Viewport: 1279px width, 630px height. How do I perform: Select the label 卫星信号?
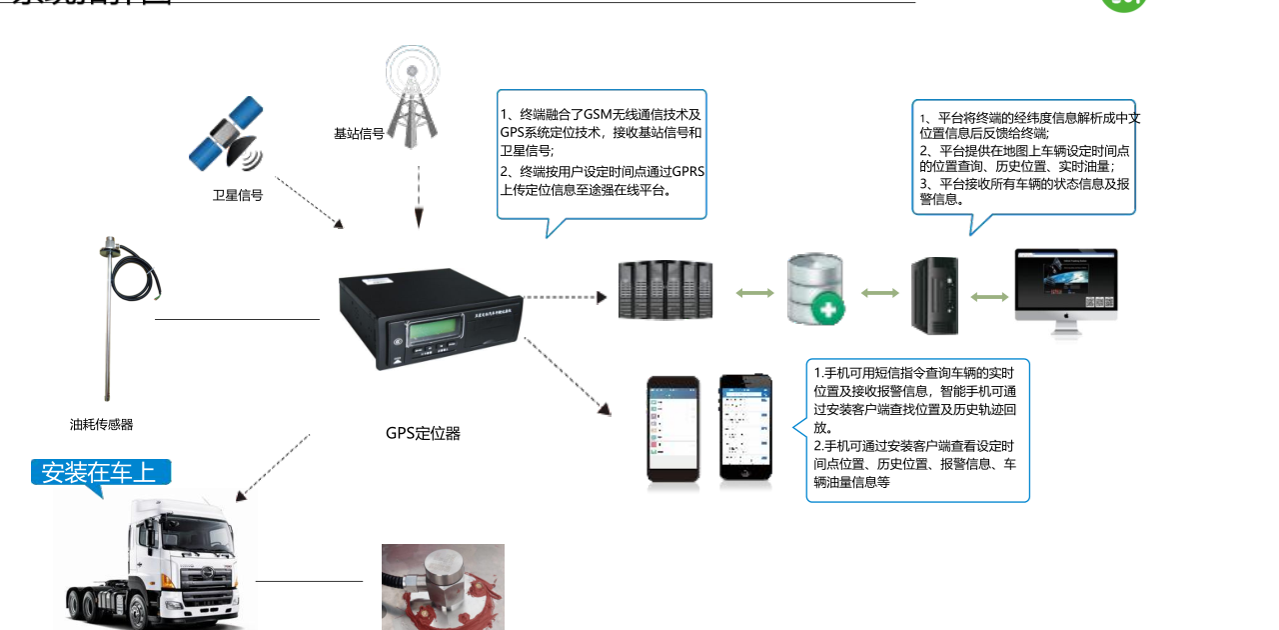point(238,195)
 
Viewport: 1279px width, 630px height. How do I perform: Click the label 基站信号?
point(359,132)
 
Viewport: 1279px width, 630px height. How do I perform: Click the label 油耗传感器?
point(101,424)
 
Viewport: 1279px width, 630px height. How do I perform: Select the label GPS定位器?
point(423,433)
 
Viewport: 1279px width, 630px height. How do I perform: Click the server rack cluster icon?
point(664,291)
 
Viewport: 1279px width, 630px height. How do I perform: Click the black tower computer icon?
point(934,295)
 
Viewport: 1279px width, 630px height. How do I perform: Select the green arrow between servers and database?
point(754,293)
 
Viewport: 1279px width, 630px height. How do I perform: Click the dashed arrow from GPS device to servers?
point(565,296)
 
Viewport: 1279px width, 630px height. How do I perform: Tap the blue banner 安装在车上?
point(101,472)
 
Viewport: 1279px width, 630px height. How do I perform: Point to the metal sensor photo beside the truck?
point(443,586)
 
